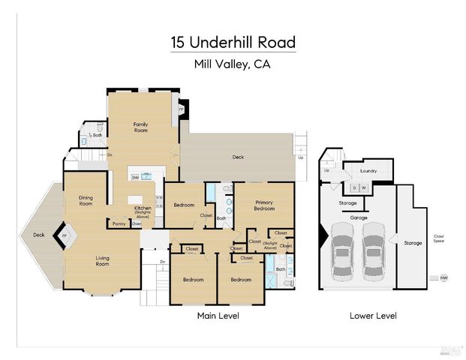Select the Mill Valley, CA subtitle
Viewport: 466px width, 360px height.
click(232, 64)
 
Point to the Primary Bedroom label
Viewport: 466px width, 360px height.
click(263, 205)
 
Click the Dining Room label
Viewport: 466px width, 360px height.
click(86, 200)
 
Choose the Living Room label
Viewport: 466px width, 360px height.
click(102, 261)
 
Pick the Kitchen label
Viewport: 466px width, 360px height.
click(143, 207)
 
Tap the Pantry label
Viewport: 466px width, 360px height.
click(119, 223)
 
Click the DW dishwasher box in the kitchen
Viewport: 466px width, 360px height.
click(135, 178)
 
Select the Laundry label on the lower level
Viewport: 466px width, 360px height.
click(368, 171)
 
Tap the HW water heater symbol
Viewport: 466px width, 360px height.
click(443, 278)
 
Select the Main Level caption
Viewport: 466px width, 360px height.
click(218, 316)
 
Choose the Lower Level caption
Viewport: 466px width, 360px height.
click(373, 316)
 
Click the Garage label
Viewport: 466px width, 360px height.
click(358, 217)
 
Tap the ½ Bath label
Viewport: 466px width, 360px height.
click(95, 135)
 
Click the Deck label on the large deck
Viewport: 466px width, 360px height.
click(238, 157)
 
